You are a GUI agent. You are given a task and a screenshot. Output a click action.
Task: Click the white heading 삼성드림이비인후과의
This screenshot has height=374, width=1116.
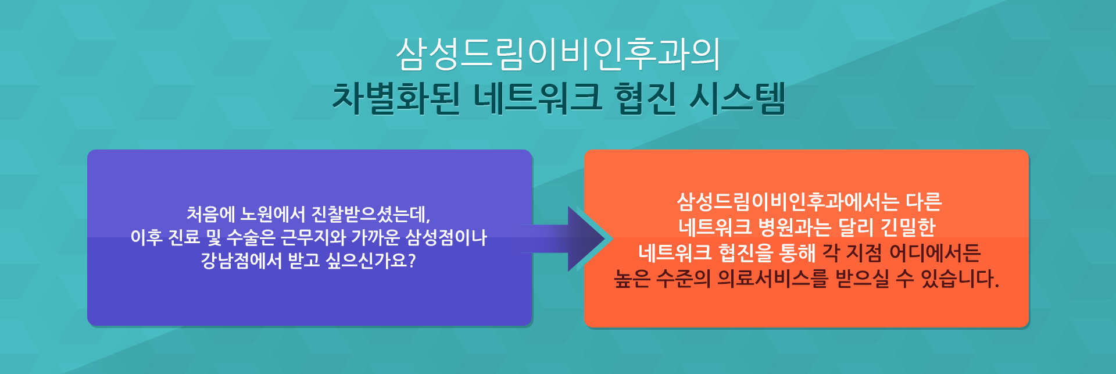pos(558,54)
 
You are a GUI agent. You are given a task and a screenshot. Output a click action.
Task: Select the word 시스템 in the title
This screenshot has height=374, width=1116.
pos(737,98)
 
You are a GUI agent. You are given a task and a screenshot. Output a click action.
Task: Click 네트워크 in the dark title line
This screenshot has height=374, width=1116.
pos(538,98)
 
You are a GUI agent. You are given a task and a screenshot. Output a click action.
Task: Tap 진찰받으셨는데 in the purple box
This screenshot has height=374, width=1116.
pos(370,214)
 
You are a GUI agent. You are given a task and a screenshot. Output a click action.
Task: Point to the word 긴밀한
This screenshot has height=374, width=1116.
pos(908,227)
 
